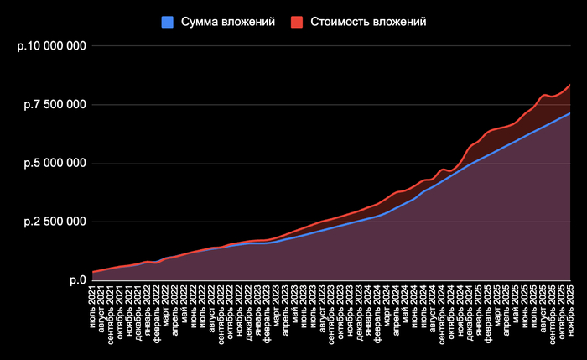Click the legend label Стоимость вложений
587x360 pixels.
(369, 22)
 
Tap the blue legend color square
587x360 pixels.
(167, 22)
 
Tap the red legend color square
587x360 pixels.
(297, 22)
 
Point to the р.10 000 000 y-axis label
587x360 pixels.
(52, 46)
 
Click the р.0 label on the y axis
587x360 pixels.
(77, 280)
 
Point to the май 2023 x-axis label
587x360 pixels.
(294, 302)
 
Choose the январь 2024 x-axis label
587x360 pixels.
(368, 306)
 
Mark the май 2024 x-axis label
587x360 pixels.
(405, 302)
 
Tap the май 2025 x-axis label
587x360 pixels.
(515, 302)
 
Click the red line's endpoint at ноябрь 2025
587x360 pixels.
(570, 85)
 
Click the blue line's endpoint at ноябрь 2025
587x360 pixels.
(570, 113)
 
